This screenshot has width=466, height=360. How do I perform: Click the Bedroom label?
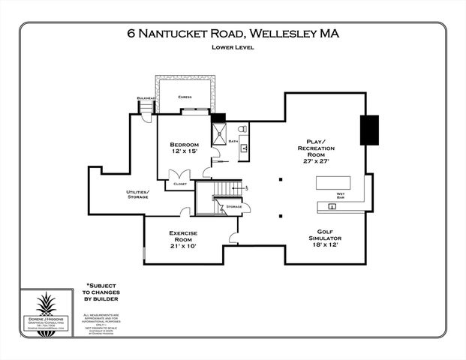183,144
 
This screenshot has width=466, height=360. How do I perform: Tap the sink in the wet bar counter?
330,204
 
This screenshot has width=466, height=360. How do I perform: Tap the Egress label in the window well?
185,97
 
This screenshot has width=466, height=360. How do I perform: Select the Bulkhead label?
145,98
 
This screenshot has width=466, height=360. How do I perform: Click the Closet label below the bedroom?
179,182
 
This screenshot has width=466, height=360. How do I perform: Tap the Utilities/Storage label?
137,195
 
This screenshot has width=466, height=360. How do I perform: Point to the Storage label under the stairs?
233,206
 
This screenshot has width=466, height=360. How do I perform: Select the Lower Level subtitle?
233,47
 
